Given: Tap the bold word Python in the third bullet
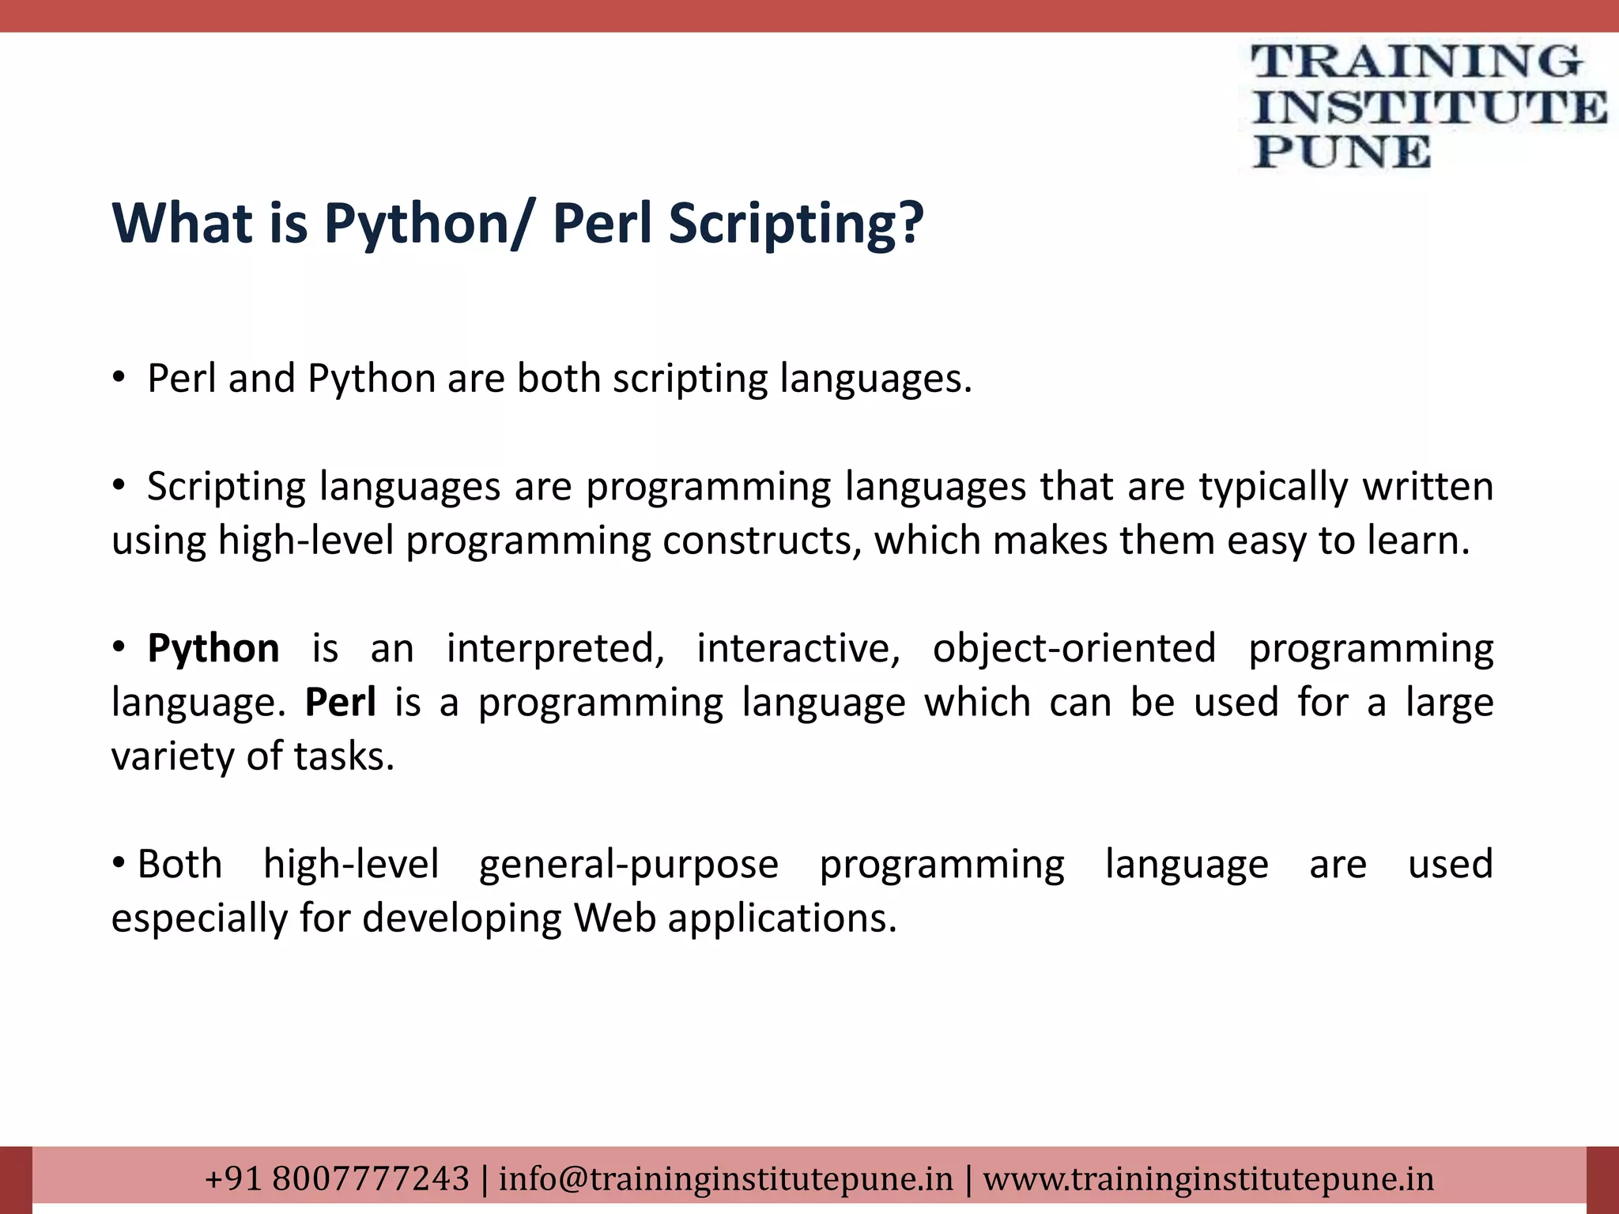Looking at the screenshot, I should click(x=213, y=649).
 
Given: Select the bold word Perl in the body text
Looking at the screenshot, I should click(x=341, y=703).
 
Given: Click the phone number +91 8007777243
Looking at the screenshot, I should click(x=338, y=1178).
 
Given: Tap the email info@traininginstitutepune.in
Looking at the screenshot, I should click(x=726, y=1178).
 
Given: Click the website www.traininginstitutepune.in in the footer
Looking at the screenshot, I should click(x=1208, y=1178).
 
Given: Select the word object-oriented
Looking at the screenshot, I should click(x=1074, y=649).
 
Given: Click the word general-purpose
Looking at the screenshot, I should click(x=628, y=865).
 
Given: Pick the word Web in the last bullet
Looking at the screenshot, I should click(x=615, y=918).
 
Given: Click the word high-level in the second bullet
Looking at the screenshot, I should click(x=305, y=541).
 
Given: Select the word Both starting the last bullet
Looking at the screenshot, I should click(x=179, y=865).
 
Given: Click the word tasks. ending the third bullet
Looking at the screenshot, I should click(x=344, y=756).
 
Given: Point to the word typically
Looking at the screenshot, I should click(x=1273, y=488).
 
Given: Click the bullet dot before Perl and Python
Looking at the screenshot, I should click(x=119, y=379).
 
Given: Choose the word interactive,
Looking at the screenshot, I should click(x=798, y=649).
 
